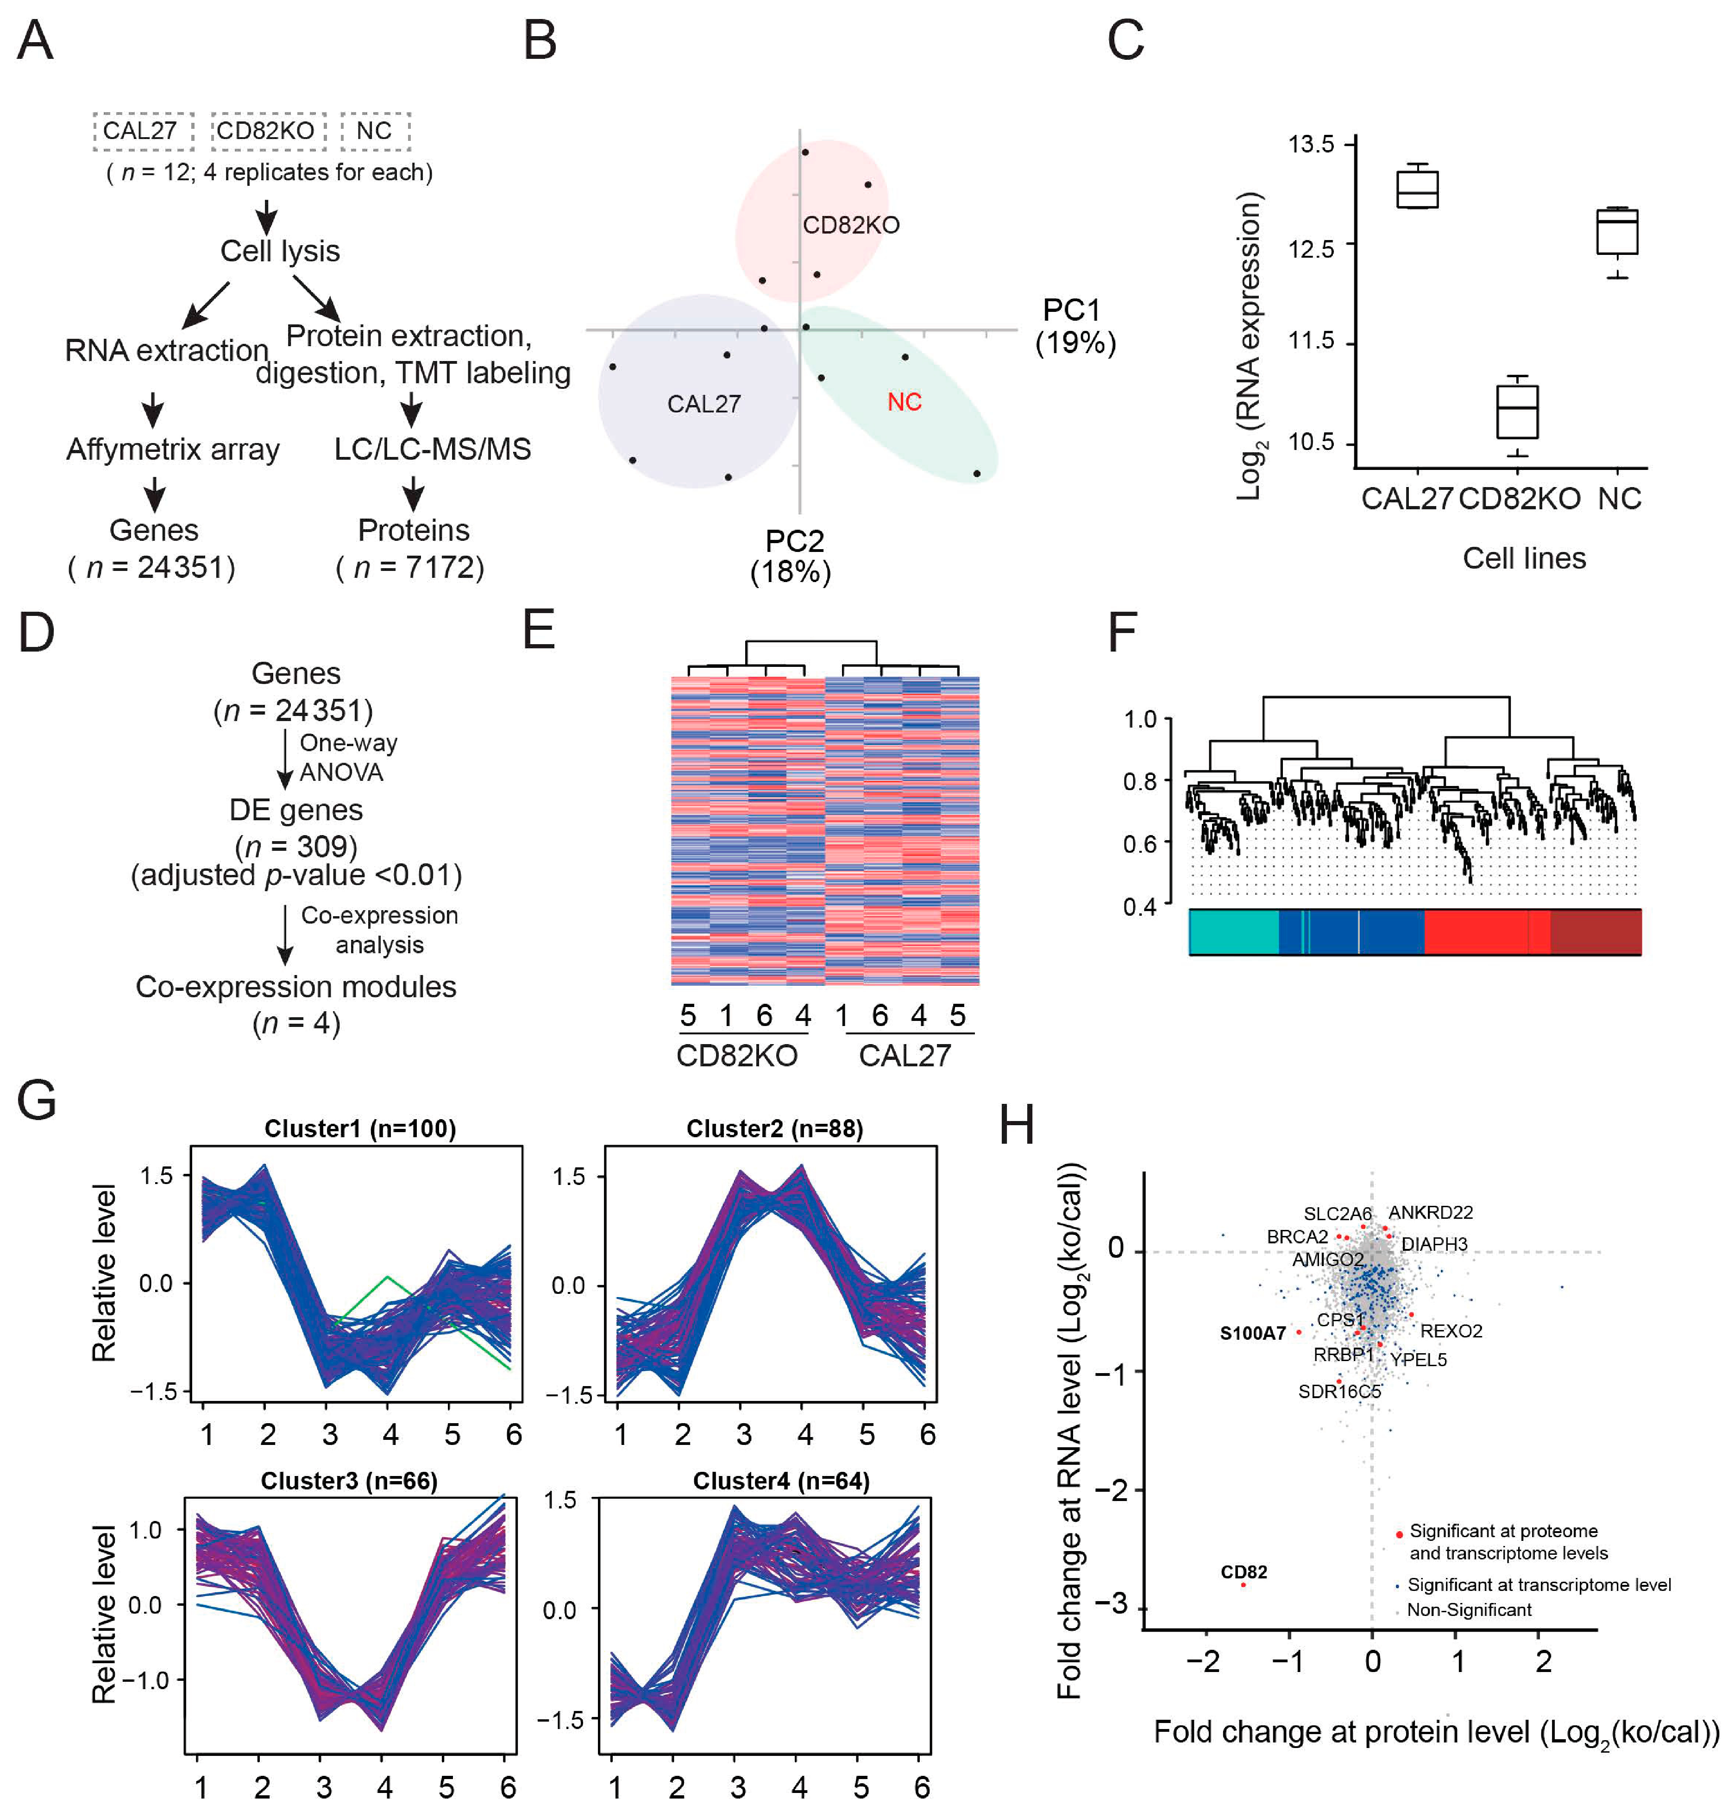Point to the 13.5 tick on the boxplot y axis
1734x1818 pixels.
click(x=1311, y=144)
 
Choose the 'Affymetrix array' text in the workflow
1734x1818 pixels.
click(x=173, y=450)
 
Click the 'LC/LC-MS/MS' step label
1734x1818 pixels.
click(x=433, y=450)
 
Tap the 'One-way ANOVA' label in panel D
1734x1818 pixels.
click(x=347, y=757)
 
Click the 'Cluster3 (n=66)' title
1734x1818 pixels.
click(x=348, y=1481)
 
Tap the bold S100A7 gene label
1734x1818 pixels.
click(x=1252, y=1332)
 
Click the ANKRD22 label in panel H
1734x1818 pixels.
click(x=1430, y=1212)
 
